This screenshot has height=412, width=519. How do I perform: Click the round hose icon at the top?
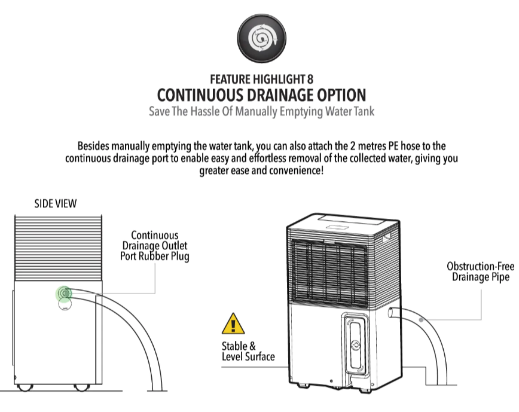259,39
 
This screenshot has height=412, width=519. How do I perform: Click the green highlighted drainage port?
64,293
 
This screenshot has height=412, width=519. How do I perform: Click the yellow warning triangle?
233,324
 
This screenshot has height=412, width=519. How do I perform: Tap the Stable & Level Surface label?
248,352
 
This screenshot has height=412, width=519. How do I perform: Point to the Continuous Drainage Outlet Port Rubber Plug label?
155,245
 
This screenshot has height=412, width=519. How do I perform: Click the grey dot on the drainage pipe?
422,321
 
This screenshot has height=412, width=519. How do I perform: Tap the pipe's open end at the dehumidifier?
390,312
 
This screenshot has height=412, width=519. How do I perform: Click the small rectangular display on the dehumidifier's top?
338,225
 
